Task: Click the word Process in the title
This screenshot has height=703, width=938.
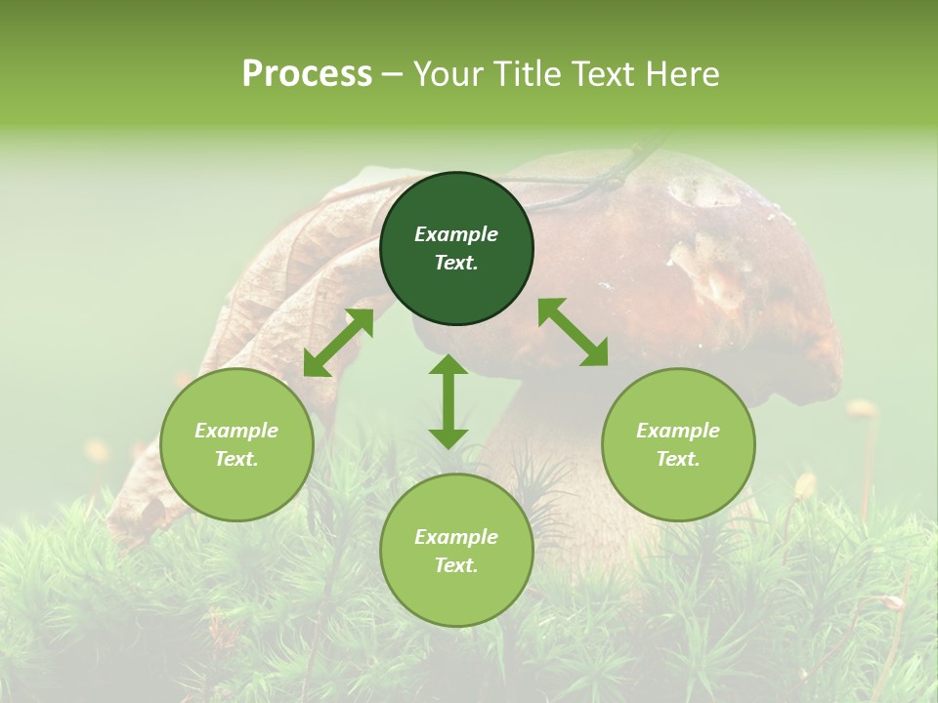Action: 307,74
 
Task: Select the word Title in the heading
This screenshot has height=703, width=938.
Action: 529,74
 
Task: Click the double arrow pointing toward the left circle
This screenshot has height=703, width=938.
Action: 338,342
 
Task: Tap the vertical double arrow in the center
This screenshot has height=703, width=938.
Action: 448,401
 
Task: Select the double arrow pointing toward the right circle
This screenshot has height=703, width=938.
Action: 573,332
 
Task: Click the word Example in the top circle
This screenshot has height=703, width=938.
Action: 456,234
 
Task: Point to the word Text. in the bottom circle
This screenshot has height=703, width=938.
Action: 456,565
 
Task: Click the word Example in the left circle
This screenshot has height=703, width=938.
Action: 236,431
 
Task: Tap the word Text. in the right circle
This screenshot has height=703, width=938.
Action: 678,459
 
